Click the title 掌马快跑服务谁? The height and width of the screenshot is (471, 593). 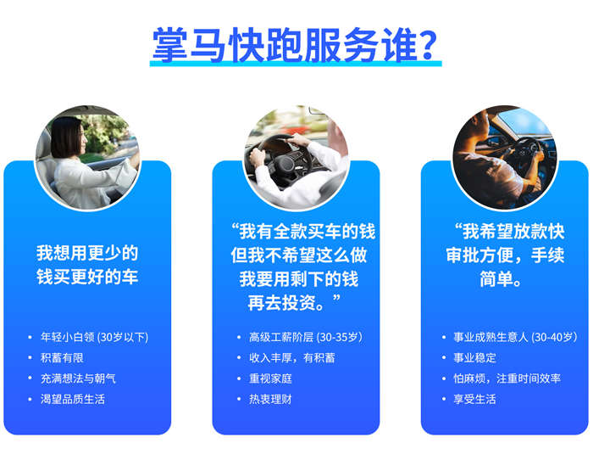coord(295,45)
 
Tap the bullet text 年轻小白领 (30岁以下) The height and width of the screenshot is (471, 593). coord(94,337)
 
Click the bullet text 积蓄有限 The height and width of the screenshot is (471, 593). coord(62,357)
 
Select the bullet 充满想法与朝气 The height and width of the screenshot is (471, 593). coord(78,378)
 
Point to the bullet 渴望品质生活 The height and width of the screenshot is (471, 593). coord(73,399)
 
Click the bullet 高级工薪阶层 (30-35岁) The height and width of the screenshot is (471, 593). coord(306,337)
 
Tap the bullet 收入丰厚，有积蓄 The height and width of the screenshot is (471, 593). coord(292,357)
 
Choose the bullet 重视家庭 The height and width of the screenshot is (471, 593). coord(270,378)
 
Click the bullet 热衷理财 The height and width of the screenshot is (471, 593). coord(270,399)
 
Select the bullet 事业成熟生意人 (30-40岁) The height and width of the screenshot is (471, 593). coord(515,337)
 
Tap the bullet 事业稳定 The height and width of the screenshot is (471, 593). coord(474,357)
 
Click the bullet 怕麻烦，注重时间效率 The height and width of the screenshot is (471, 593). coord(507,378)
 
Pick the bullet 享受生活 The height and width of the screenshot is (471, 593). coord(474,399)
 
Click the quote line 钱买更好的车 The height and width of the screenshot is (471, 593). coord(87,277)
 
